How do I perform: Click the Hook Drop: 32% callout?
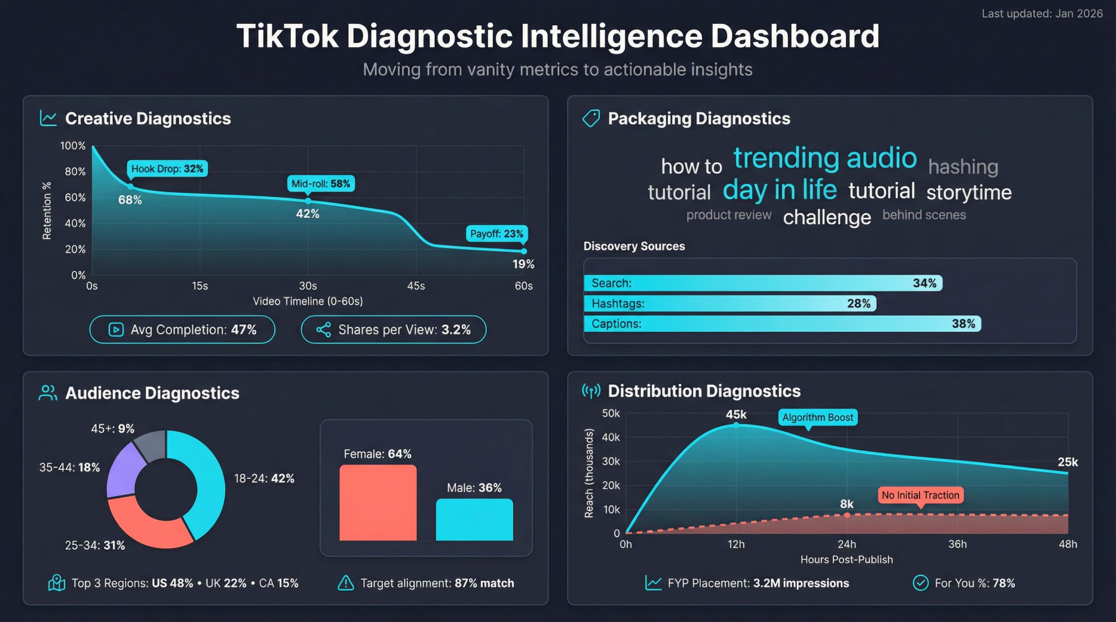coord(167,169)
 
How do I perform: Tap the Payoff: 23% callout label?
coord(496,234)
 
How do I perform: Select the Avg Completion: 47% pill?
coord(182,329)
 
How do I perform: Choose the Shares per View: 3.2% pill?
coord(393,329)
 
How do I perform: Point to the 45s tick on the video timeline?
coord(416,286)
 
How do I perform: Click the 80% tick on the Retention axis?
coord(75,172)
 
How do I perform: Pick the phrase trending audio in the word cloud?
coord(825,158)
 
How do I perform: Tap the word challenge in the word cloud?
coord(826,217)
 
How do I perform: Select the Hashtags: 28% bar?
coord(729,304)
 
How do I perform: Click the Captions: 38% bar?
coord(782,324)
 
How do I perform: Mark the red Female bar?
coord(378,502)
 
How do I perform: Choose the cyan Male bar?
coord(474,519)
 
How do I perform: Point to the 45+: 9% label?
coord(113,429)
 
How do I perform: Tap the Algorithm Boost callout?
coord(817,417)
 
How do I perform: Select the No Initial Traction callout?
coord(920,495)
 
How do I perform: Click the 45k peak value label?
coord(735,415)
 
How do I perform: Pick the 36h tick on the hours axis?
coord(957,544)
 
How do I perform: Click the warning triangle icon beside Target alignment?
coord(345,583)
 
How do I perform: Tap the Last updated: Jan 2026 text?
coord(1042,13)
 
